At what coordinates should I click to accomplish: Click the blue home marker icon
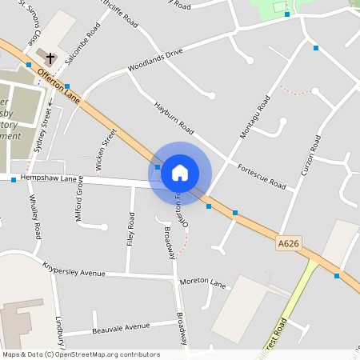[180, 172]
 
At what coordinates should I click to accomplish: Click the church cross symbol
[50, 58]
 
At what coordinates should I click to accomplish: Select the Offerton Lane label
[59, 85]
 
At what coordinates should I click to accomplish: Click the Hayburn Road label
[174, 117]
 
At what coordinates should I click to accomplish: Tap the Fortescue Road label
[261, 176]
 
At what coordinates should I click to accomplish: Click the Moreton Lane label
[203, 282]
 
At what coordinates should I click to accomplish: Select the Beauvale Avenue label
[121, 326]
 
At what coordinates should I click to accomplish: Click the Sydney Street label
[46, 124]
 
